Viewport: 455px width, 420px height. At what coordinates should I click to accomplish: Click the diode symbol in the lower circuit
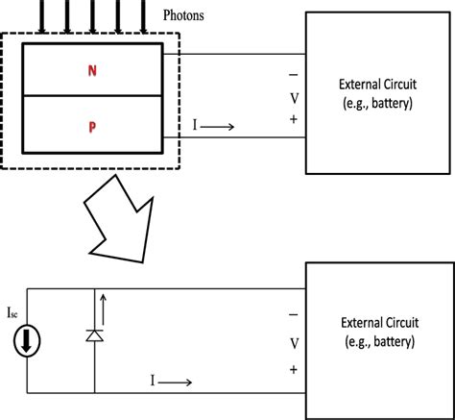pos(94,334)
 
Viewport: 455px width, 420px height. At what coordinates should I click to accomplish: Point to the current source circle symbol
pos(26,341)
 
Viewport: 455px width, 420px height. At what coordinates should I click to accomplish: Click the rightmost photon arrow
pos(144,14)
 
